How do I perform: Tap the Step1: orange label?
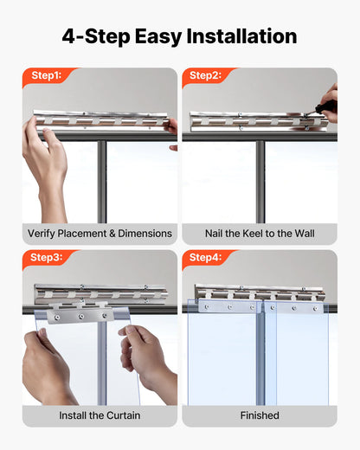45,76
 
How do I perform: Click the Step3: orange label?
45,257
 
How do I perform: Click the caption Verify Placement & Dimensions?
100,234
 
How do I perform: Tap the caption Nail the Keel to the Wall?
259,234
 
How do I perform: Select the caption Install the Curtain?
100,415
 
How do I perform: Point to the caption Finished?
259,415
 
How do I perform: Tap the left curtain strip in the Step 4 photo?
223,355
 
